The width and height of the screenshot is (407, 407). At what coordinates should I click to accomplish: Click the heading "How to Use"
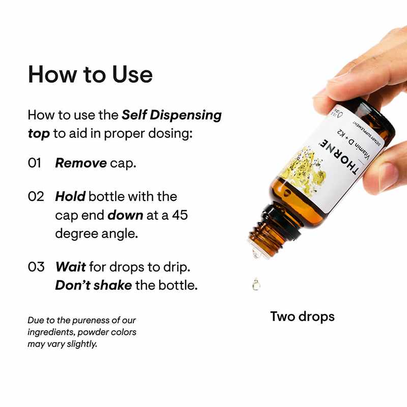point(90,74)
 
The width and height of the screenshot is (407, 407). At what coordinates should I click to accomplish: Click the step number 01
point(35,164)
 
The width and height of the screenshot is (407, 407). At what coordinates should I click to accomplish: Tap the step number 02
point(36,196)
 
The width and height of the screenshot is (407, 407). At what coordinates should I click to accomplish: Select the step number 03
point(36,267)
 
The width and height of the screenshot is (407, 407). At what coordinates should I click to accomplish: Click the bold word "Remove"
point(80,164)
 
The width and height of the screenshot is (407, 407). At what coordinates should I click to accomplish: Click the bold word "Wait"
point(70,267)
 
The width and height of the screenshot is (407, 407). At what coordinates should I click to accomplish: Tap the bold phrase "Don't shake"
point(93,285)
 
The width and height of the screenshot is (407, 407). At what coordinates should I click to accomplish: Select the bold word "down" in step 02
point(125,215)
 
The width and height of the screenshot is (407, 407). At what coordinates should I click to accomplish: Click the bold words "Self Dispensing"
point(171,115)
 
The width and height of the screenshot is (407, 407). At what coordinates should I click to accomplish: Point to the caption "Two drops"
point(302,316)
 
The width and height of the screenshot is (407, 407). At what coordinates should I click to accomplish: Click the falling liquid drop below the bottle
point(256,285)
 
